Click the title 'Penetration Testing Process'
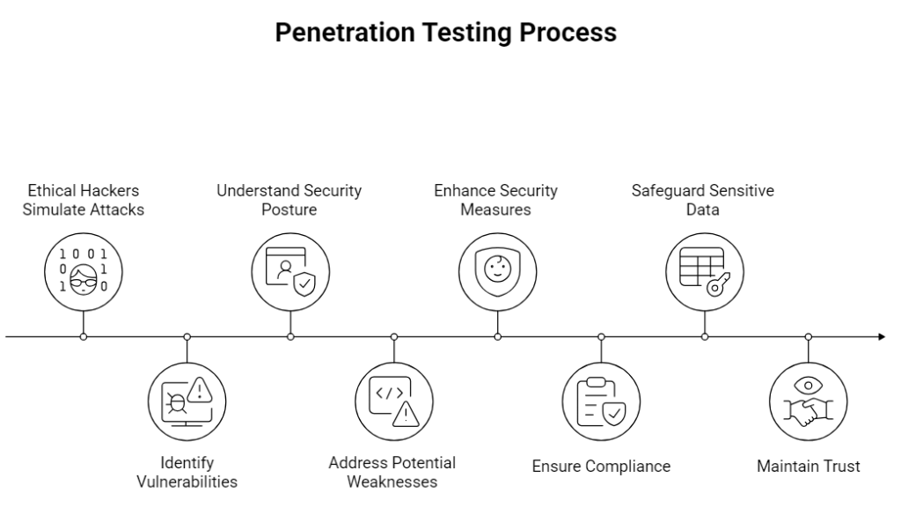pyautogui.click(x=445, y=33)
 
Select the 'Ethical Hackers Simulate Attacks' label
pyautogui.click(x=83, y=200)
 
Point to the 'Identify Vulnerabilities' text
pyautogui.click(x=187, y=472)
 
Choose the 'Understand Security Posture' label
pyautogui.click(x=289, y=200)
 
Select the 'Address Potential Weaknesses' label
pyautogui.click(x=392, y=472)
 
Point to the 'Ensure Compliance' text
pyautogui.click(x=601, y=467)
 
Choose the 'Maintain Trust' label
pyautogui.click(x=809, y=467)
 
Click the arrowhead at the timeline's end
pyautogui.click(x=881, y=336)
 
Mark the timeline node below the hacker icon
pyautogui.click(x=83, y=336)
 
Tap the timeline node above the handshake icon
pyautogui.click(x=809, y=336)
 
